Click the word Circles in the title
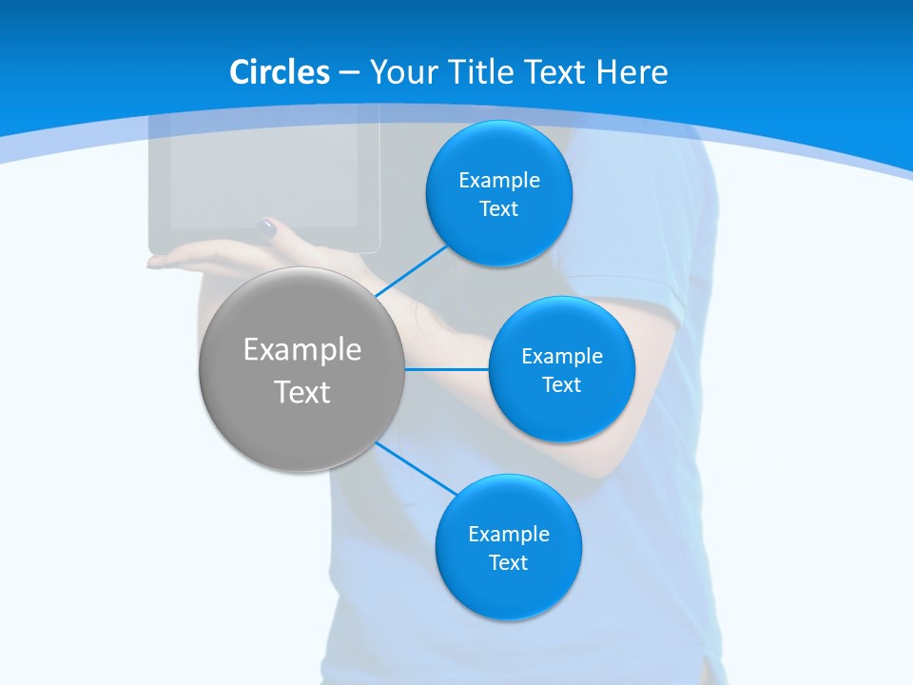[279, 71]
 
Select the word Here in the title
[631, 71]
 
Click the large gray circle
[302, 369]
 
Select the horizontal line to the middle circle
[447, 368]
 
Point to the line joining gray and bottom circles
[417, 469]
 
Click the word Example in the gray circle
[302, 349]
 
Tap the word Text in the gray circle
[302, 392]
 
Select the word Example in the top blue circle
[499, 180]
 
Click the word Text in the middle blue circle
[561, 384]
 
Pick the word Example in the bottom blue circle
[508, 534]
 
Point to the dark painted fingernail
[267, 227]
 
